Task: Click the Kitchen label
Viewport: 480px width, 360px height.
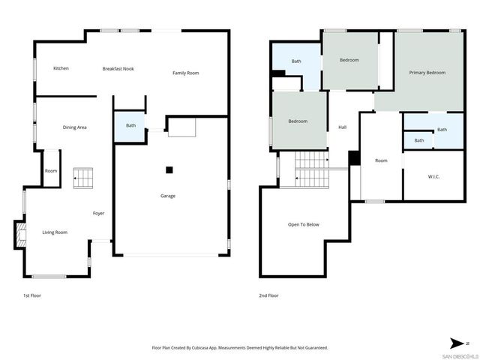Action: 61,68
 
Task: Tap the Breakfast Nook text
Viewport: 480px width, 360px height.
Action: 118,68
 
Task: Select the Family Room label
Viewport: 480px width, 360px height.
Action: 185,73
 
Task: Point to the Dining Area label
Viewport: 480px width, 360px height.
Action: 74,127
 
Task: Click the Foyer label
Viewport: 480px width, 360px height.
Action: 98,214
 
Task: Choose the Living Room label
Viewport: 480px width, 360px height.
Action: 54,232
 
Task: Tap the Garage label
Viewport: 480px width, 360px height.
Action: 167,196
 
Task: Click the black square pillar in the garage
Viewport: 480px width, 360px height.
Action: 169,169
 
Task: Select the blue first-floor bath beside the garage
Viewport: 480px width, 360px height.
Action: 130,126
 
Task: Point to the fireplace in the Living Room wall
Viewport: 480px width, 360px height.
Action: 19,234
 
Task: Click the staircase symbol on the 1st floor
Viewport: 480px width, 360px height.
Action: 82,178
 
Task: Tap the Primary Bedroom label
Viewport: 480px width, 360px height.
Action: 427,73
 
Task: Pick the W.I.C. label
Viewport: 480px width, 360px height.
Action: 433,177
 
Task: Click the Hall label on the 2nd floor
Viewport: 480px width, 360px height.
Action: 342,127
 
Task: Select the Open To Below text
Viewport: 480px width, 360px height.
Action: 304,224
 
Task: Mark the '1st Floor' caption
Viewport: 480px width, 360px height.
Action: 32,295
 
